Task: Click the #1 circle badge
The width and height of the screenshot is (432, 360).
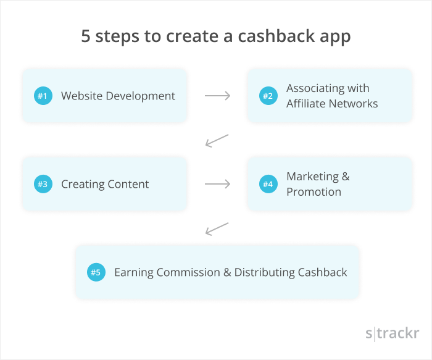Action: click(x=43, y=96)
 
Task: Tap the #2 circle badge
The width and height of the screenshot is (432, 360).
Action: click(x=268, y=96)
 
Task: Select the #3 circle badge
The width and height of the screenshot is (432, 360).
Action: click(x=43, y=184)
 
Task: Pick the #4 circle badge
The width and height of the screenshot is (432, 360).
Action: click(x=268, y=184)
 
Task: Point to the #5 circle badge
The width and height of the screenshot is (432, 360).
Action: click(x=96, y=272)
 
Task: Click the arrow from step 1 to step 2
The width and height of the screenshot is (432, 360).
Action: click(x=217, y=96)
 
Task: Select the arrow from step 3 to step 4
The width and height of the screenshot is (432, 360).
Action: click(x=217, y=184)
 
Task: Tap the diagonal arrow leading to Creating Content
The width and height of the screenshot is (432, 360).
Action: click(x=217, y=141)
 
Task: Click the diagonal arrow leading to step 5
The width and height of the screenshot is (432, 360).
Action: click(x=217, y=229)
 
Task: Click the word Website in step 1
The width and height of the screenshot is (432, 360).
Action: click(x=82, y=96)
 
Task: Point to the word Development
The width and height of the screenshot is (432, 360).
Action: click(x=141, y=96)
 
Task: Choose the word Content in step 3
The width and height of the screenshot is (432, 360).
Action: click(x=128, y=184)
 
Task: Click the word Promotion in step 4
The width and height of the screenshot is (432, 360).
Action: click(x=314, y=192)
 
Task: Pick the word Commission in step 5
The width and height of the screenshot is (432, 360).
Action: click(x=188, y=272)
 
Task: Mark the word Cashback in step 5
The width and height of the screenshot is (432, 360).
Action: click(x=322, y=272)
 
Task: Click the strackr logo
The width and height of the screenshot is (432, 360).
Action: click(x=393, y=333)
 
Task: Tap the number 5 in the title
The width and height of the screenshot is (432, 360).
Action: click(x=86, y=36)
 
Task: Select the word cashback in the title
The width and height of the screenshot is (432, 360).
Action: click(x=276, y=36)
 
